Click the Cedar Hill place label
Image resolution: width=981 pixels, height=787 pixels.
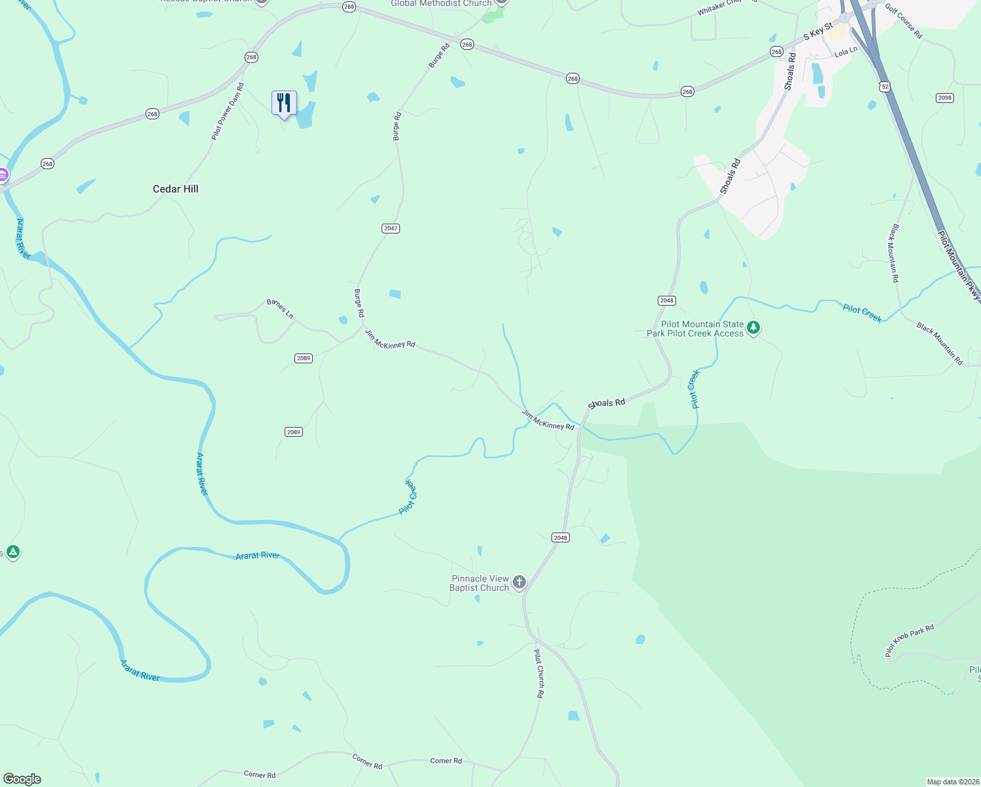point(176,189)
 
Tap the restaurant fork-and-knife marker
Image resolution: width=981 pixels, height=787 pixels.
point(284,103)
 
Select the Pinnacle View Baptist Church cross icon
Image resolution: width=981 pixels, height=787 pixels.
point(519,582)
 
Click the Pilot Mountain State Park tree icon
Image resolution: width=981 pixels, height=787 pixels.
point(753,327)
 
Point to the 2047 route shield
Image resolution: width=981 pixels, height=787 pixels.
point(391,228)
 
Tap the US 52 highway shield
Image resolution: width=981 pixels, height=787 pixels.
point(885,87)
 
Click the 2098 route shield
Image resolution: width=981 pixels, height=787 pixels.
point(944,98)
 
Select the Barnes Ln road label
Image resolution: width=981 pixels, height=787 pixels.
point(280,309)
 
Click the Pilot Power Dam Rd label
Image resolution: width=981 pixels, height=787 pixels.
point(228,111)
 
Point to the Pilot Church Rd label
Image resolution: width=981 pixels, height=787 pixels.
point(539,673)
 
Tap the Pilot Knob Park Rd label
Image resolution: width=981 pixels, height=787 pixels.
point(909,640)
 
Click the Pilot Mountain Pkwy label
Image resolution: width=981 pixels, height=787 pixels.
point(958,265)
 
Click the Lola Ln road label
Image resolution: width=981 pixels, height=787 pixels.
point(846,51)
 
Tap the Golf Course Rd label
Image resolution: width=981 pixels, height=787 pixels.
point(904,21)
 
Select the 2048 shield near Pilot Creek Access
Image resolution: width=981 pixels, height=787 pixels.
point(667,300)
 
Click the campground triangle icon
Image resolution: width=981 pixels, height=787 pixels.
point(12,552)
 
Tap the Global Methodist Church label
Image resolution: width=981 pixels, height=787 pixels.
point(441,3)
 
